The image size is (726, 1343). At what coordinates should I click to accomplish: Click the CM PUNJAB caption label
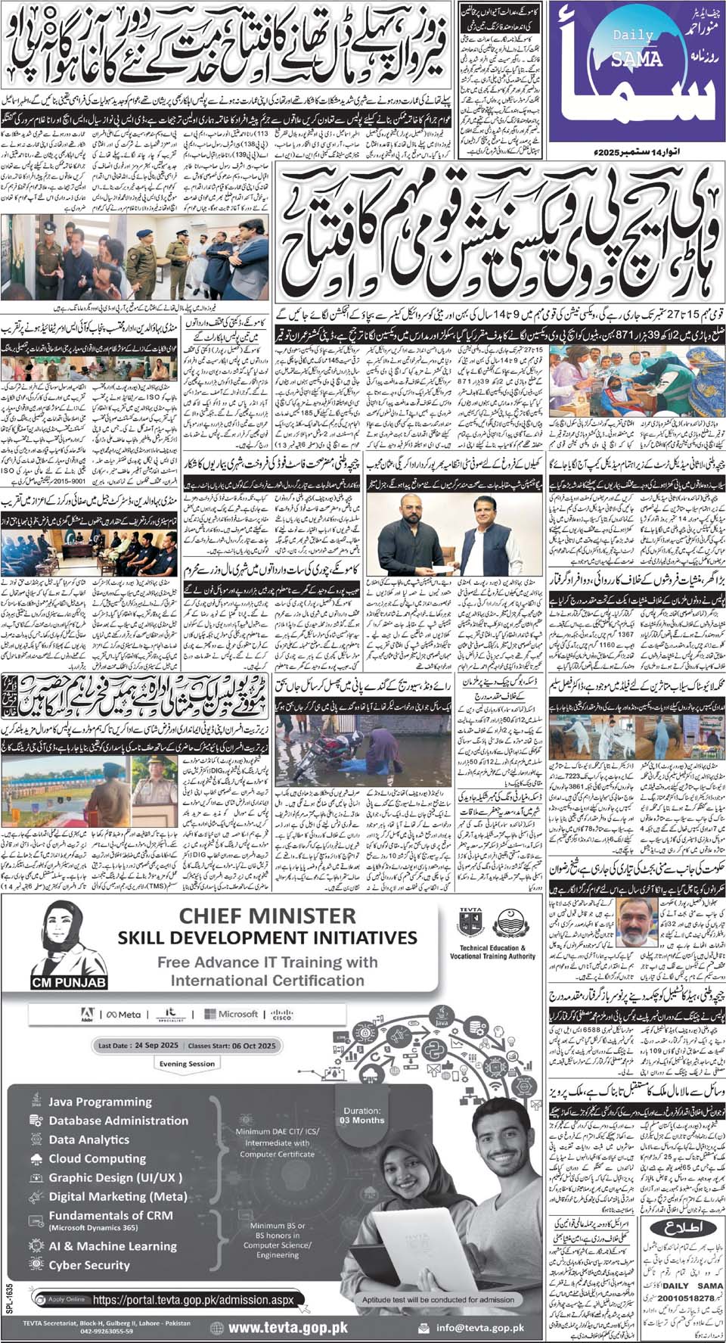[70, 983]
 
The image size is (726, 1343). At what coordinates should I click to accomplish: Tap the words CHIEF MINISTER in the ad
[267, 916]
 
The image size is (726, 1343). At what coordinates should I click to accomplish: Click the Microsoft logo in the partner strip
[237, 1014]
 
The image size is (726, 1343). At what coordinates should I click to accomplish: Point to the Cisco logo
[283, 1014]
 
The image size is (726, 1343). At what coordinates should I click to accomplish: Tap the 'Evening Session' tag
[187, 1063]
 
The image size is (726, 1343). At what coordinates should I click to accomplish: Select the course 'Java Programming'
[100, 1102]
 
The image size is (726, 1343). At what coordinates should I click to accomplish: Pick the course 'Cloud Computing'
[98, 1158]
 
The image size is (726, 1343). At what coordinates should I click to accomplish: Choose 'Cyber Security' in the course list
[89, 1265]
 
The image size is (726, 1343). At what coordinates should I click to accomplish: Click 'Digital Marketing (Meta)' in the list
[117, 1196]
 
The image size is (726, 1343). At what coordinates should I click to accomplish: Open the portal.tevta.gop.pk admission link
[192, 1301]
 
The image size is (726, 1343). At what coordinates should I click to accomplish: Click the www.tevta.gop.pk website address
[287, 1327]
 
